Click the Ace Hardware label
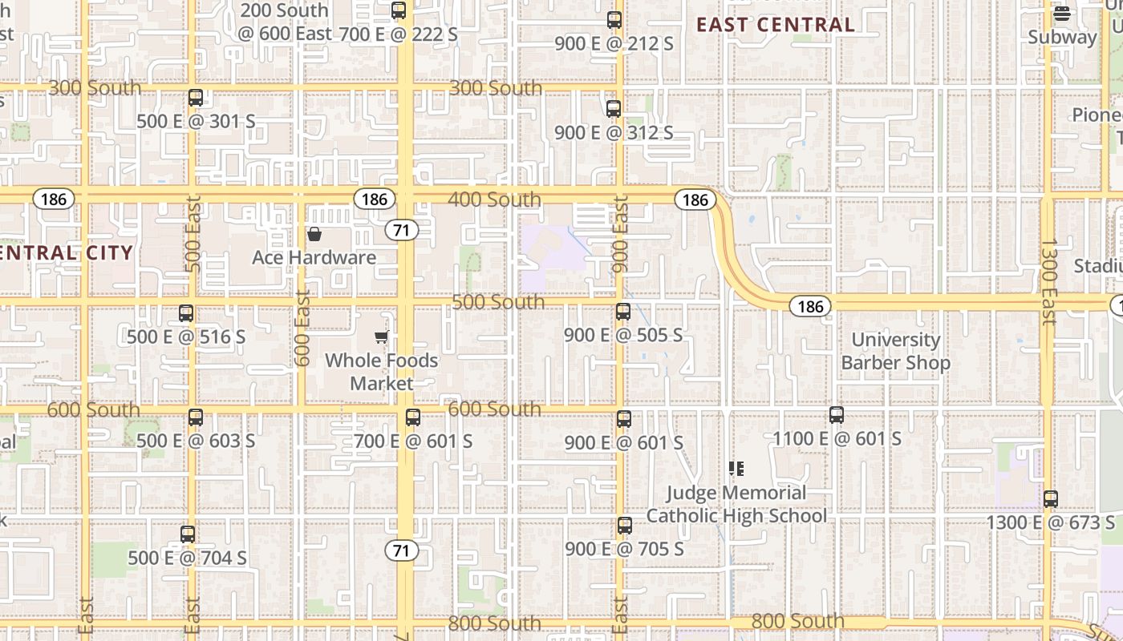314,257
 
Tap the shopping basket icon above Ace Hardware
314,234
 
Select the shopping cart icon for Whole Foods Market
382,337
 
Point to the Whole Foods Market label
382,372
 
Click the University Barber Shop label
895,351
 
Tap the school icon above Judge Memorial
736,469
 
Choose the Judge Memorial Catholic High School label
736,504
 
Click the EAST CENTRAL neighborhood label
775,25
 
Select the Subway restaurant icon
1062,13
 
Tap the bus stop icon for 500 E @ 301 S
196,99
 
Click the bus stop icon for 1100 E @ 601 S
837,415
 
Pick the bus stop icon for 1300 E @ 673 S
1051,499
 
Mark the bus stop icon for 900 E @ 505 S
623,312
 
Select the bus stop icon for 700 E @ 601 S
413,417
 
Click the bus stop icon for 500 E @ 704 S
188,534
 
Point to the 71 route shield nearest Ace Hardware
402,231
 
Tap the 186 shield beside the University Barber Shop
810,306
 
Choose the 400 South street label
494,199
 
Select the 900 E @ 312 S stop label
614,133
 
